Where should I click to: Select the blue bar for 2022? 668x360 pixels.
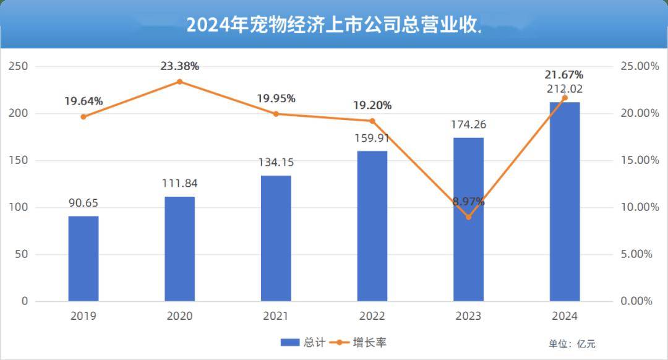(372, 226)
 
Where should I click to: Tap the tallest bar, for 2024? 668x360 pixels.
(564, 202)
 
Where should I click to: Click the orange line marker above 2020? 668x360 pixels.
(180, 82)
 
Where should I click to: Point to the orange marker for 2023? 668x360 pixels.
(468, 217)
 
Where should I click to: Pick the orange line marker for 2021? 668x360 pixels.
(276, 114)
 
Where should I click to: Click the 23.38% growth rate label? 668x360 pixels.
(179, 66)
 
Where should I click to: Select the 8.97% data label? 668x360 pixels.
(468, 202)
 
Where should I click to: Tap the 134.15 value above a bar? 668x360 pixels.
(276, 163)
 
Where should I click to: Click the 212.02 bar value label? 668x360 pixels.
(564, 89)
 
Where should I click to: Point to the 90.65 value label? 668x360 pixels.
(83, 203)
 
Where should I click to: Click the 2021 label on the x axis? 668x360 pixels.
(276, 316)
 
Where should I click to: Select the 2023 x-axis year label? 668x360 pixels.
(468, 316)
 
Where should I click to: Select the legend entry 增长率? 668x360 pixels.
(362, 342)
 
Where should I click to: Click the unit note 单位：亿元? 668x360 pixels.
(572, 344)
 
